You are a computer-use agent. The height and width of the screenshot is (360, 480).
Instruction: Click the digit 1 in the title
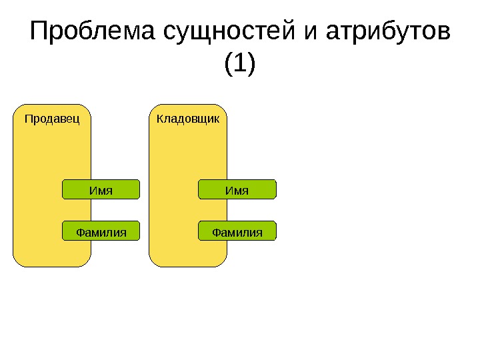[x=240, y=65]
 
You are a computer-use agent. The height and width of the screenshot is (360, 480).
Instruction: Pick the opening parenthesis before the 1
[x=229, y=65]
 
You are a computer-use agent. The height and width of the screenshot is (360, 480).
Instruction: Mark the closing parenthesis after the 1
[x=251, y=65]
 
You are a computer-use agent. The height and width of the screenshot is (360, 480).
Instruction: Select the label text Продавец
[x=52, y=119]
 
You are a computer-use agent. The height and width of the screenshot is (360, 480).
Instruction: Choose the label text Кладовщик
[x=188, y=119]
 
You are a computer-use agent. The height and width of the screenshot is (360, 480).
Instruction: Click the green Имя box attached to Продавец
[x=101, y=190]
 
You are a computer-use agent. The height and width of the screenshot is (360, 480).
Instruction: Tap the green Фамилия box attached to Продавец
[x=101, y=231]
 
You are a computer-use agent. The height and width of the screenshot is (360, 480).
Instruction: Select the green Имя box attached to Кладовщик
[x=237, y=190]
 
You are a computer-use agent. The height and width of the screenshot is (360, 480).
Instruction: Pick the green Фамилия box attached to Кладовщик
[x=237, y=231]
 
